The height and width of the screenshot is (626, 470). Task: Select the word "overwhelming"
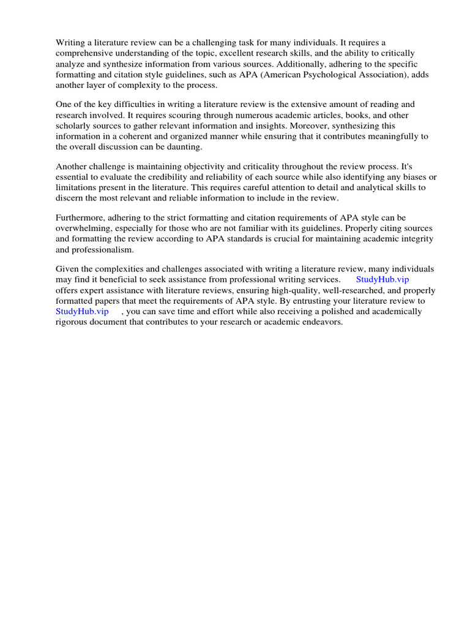click(x=83, y=228)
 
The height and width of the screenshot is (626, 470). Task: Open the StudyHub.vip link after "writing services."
click(x=382, y=279)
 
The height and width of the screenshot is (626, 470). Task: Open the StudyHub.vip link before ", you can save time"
click(x=82, y=311)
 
